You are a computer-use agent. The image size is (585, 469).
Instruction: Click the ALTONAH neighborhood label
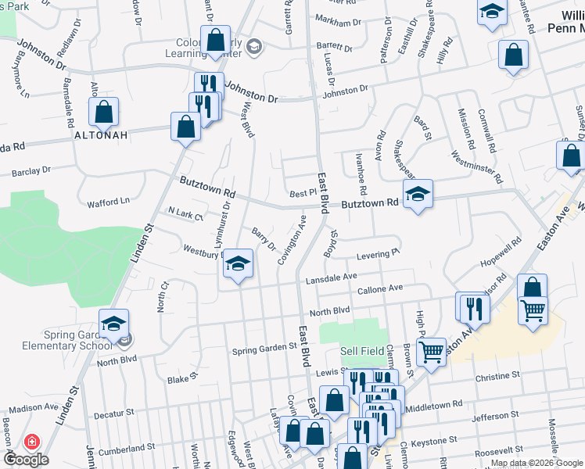(x=101, y=134)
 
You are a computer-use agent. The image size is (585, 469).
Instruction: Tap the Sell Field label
(x=362, y=351)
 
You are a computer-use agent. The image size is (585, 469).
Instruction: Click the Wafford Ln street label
(x=109, y=201)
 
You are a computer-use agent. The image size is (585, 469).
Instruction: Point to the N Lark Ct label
(x=185, y=213)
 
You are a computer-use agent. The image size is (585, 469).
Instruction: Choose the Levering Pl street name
(x=379, y=253)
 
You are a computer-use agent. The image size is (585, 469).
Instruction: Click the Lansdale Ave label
(x=331, y=276)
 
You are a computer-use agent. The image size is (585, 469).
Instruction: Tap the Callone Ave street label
(x=379, y=288)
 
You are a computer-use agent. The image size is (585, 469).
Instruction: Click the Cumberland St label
(x=120, y=449)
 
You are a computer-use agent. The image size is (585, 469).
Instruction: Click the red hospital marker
(x=32, y=442)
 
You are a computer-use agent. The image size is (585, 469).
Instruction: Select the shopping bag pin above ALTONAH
(x=103, y=112)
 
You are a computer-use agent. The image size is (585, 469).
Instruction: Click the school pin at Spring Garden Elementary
(x=113, y=324)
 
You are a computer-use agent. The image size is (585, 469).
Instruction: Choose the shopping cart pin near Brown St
(x=431, y=352)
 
